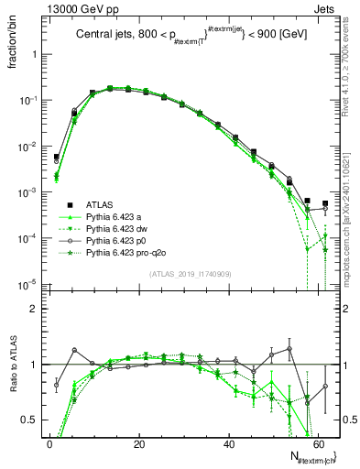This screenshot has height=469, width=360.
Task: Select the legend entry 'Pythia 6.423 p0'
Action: point(116,239)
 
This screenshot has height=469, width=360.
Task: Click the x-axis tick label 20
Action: point(138,444)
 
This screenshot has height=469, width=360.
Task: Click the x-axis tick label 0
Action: point(49,444)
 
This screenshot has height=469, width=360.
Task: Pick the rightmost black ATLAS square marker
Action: point(324,203)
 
